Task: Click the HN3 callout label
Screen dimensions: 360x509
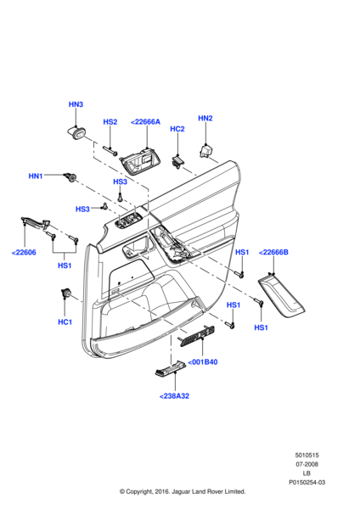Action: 76,104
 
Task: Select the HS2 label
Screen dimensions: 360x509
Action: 110,121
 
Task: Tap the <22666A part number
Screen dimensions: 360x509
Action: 145,121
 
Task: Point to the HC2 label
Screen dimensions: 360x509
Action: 177,129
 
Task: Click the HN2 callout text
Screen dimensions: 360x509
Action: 205,118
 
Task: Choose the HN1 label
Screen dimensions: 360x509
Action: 36,176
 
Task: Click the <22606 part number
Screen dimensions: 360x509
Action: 24,252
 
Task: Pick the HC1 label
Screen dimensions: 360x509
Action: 65,322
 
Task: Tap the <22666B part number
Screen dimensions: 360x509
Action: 273,252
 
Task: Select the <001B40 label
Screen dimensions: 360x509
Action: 203,362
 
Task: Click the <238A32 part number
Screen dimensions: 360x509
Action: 174,396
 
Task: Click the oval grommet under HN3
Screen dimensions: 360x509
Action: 76,133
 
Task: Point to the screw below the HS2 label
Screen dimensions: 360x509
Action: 110,151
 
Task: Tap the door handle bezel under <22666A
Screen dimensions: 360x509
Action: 141,162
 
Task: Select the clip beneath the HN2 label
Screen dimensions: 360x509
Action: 205,151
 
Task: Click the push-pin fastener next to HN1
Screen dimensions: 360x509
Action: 70,177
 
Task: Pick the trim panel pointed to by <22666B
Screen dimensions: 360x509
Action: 282,295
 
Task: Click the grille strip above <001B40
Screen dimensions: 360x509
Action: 197,336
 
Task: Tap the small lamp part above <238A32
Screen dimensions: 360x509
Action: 169,369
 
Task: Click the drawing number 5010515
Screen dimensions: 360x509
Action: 307,455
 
